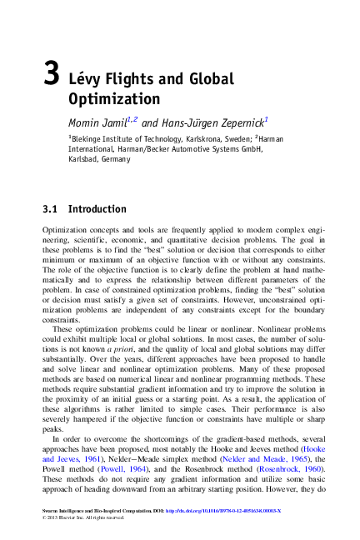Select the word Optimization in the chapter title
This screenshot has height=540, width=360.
coord(107,99)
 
